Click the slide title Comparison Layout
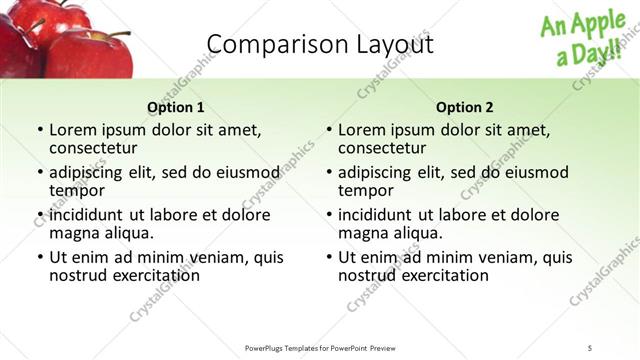coord(320,44)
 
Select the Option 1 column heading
coord(176,108)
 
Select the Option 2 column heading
coord(465,108)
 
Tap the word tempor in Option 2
coord(364,191)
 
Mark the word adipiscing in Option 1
coord(91,172)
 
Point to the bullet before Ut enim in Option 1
coord(39,257)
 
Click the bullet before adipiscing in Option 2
coord(328,172)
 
